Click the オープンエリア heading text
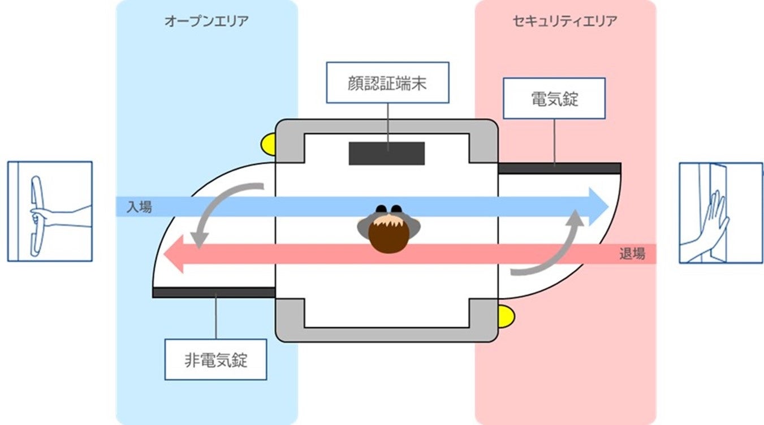click(x=206, y=21)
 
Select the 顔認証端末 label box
click(x=387, y=83)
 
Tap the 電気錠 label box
click(x=554, y=98)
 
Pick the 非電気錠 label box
click(x=215, y=359)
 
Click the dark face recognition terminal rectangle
click(x=386, y=153)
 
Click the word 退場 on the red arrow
click(x=632, y=254)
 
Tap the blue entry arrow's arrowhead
click(x=597, y=207)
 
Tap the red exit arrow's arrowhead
click(x=175, y=254)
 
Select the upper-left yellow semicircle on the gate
click(x=267, y=144)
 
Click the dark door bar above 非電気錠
click(x=214, y=292)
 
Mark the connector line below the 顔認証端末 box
click(x=388, y=122)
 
